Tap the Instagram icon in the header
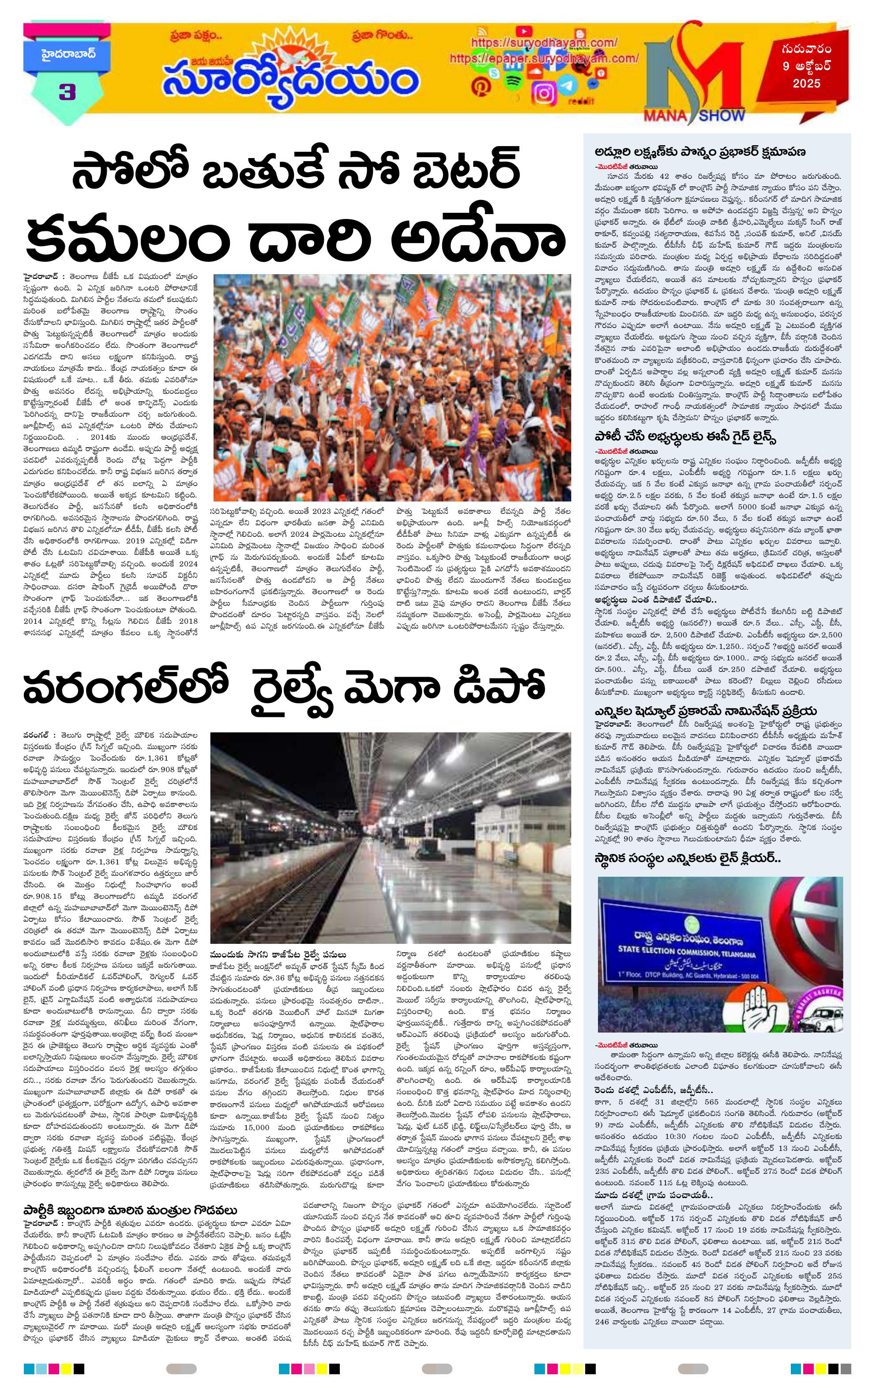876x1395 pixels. pyautogui.click(x=543, y=93)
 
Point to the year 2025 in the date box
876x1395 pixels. pyautogui.click(x=807, y=83)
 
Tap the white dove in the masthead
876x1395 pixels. pyautogui.click(x=288, y=57)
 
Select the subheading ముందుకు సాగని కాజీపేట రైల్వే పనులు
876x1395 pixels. pyautogui.click(x=278, y=954)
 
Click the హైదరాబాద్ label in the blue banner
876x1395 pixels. pyautogui.click(x=60, y=54)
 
